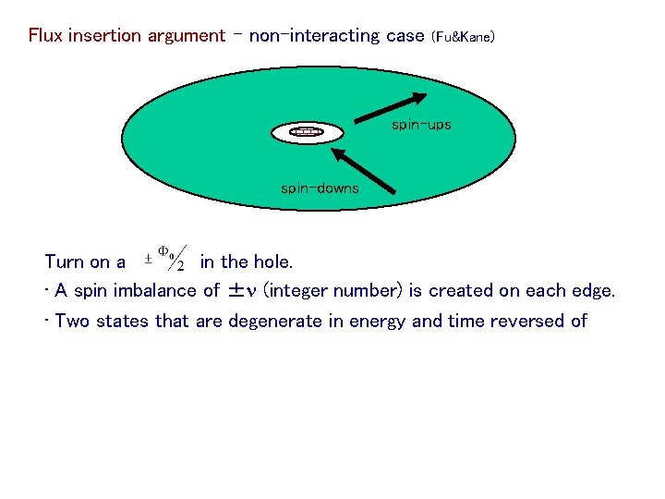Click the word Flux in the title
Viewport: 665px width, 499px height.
point(45,36)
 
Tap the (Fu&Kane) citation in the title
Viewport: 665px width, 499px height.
point(463,37)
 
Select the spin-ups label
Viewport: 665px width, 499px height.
point(421,124)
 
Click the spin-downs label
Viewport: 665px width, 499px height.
point(320,189)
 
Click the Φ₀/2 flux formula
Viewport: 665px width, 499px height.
point(169,257)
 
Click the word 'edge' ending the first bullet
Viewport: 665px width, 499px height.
point(593,291)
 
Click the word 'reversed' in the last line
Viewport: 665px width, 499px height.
point(529,322)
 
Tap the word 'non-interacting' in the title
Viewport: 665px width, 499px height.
point(314,36)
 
